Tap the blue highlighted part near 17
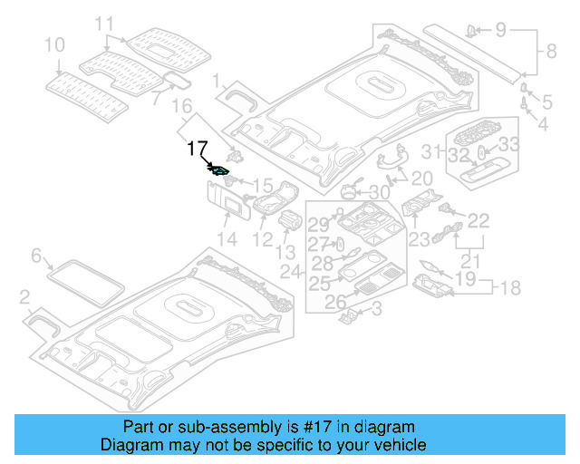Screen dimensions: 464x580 coord(220,169)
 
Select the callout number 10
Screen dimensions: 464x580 coord(53,44)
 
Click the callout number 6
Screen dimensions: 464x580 coord(37,257)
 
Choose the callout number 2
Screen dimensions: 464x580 coord(25,296)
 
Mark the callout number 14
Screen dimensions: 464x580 coord(226,239)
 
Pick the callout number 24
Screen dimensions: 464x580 coord(290,272)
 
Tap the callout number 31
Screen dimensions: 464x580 coord(432,152)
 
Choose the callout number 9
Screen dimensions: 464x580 coord(499,30)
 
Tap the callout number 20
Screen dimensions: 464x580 coord(422,179)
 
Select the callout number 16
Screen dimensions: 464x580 coord(182,107)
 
